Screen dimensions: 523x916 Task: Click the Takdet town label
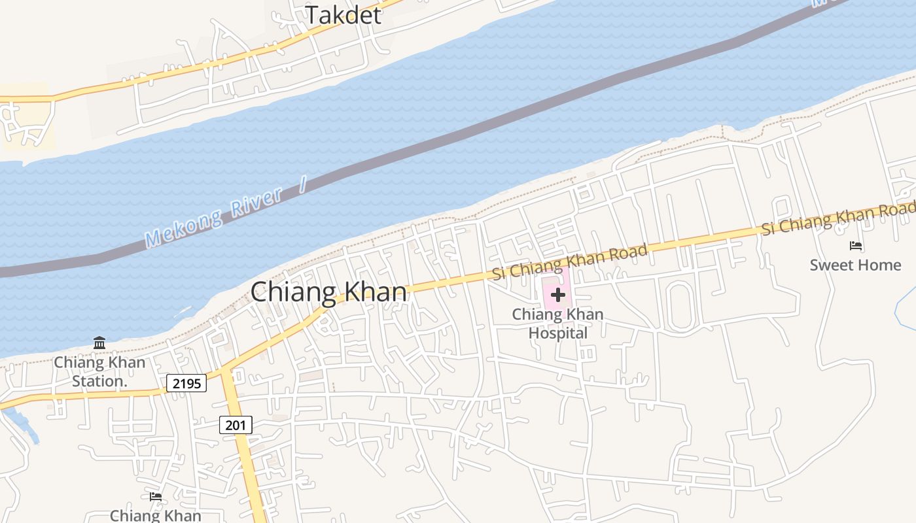point(343,15)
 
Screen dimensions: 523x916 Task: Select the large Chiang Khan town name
point(328,292)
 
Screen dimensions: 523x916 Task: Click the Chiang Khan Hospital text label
point(557,324)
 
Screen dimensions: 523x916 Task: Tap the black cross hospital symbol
point(557,295)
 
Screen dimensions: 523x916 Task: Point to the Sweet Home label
point(855,265)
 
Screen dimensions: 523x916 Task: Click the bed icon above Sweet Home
point(855,246)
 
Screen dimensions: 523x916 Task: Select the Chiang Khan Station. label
point(99,371)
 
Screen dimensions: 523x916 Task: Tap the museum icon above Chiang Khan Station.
point(99,343)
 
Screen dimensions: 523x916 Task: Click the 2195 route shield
point(186,383)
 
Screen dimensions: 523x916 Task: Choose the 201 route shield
point(235,426)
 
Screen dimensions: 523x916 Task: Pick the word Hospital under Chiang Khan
point(557,333)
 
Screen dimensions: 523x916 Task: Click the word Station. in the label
point(99,380)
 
